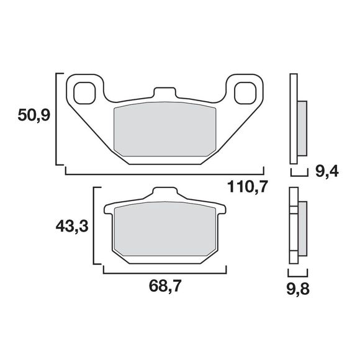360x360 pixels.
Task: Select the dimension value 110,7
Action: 246,187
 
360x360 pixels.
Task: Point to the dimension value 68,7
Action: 166,286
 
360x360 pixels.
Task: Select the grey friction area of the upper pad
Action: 164,129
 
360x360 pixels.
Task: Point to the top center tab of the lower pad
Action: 164,194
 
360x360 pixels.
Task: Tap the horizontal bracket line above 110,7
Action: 164,173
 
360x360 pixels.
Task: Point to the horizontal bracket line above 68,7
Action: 165,272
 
